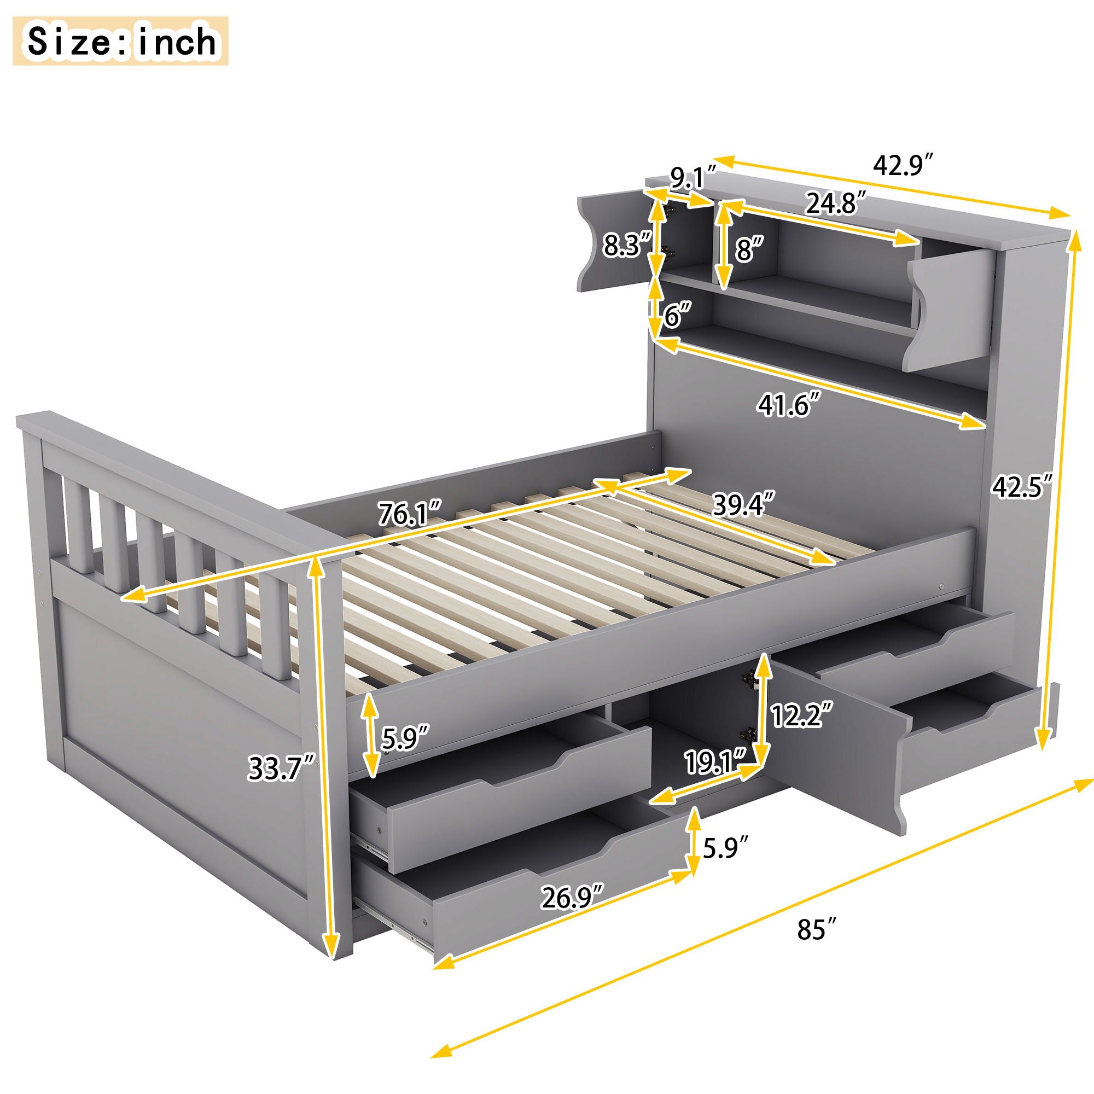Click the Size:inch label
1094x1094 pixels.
pos(120,42)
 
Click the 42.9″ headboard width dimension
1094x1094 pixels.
pos(902,165)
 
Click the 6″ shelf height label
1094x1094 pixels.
pos(678,316)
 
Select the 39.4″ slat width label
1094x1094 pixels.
pos(743,505)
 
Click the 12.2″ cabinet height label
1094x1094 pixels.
pos(801,715)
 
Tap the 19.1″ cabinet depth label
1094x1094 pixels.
pos(715,761)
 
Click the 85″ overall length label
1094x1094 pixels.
pos(817,929)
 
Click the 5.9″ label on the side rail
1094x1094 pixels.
pos(404,738)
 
